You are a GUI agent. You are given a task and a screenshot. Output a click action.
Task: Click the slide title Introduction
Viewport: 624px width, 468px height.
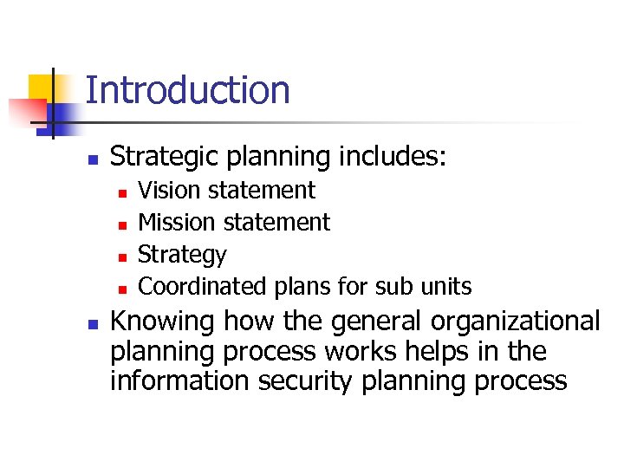click(x=187, y=90)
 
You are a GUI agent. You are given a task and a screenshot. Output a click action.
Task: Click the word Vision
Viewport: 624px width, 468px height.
click(x=166, y=190)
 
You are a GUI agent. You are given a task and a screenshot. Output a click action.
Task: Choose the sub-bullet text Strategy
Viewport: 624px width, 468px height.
click(x=182, y=255)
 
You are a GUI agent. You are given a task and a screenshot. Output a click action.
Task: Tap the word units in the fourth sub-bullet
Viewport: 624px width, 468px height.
click(x=447, y=286)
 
